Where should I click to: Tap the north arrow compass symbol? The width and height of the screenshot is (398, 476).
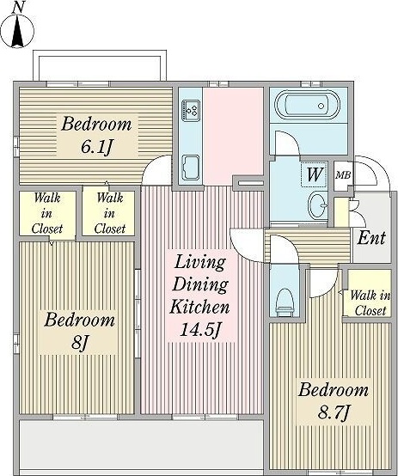pos(17,31)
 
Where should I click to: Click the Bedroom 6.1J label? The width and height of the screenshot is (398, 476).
pos(96,136)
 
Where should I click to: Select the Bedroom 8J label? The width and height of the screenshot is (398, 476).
pos(79,332)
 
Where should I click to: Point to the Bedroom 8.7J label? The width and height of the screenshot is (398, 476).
pos(334,401)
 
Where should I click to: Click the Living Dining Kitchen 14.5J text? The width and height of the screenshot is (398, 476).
pos(200,296)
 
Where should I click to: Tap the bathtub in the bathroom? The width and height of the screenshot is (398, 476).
pos(307,106)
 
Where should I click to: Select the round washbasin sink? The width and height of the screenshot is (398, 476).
pos(317,205)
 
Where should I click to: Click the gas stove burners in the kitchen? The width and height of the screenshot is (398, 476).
pos(191,109)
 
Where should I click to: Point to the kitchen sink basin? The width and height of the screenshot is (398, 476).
pos(191,168)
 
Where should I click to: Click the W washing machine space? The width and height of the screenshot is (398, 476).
pos(315,174)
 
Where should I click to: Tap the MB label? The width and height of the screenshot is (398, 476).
pos(343,175)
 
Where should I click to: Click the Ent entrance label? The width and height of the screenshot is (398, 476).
pos(371,238)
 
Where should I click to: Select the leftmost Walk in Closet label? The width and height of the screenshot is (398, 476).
pos(47,213)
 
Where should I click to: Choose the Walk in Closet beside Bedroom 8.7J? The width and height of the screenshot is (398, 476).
pos(370,303)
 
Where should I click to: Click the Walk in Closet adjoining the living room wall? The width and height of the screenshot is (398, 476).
pos(110,213)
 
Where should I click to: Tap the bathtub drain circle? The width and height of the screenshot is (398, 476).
pos(321,106)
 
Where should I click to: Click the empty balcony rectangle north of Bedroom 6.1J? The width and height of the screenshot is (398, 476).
pos(100,66)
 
